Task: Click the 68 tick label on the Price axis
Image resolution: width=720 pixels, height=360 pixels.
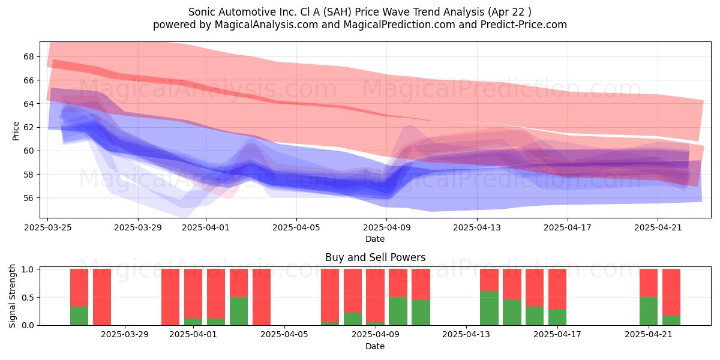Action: [28, 56]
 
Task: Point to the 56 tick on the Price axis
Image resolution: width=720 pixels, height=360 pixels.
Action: [28, 198]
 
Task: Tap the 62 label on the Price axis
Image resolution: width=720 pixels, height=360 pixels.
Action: [28, 127]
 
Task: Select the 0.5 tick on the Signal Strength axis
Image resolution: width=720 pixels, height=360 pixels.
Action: [28, 298]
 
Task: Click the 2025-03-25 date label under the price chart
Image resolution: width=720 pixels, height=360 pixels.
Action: [48, 227]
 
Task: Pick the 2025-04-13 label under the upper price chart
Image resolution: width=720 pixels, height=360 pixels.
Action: [477, 227]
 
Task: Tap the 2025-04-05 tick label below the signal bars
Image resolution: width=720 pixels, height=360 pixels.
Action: [284, 335]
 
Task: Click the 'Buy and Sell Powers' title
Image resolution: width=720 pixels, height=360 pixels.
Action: [375, 257]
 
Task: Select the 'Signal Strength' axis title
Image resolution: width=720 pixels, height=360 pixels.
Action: [12, 296]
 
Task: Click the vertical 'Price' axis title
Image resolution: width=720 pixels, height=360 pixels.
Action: [16, 131]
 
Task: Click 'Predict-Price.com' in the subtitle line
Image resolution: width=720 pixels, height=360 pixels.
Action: [524, 25]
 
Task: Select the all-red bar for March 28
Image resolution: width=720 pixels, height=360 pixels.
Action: [102, 297]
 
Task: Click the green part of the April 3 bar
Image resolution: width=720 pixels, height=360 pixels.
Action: [239, 311]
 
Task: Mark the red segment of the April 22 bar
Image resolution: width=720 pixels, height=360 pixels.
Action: [671, 292]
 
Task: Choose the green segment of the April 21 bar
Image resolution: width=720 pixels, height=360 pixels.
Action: [649, 311]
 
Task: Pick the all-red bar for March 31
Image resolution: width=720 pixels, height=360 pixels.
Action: [170, 297]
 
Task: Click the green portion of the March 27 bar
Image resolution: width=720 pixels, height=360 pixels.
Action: [79, 316]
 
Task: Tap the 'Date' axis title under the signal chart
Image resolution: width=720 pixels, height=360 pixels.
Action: [375, 346]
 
